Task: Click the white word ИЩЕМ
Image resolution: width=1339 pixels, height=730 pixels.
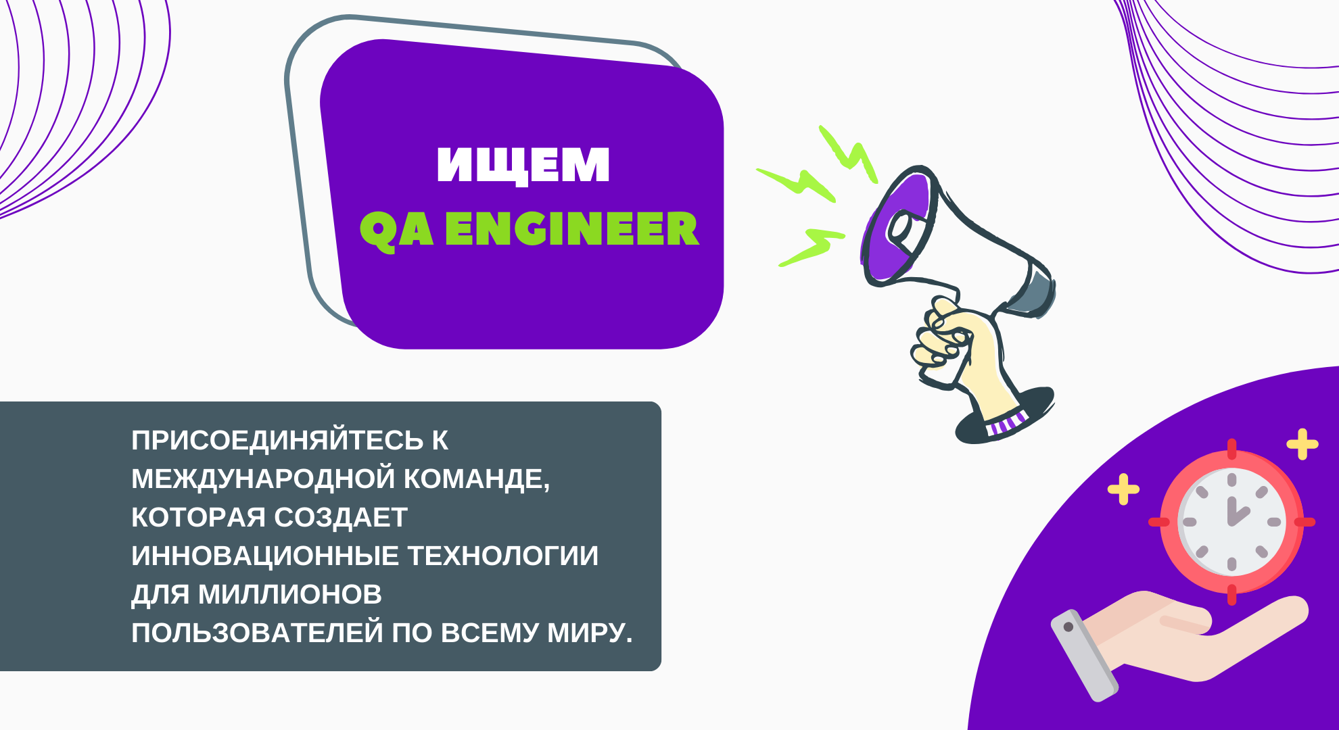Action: click(x=523, y=165)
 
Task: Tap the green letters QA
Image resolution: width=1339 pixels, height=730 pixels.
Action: click(x=396, y=230)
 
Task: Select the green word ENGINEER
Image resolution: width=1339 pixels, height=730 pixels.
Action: click(x=572, y=228)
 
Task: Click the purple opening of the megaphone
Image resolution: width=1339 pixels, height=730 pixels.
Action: click(x=896, y=226)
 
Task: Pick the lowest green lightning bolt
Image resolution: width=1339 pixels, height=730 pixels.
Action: click(x=812, y=247)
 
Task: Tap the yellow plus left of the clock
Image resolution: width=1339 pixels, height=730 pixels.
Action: click(x=1123, y=489)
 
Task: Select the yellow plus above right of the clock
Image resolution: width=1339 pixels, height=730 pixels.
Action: click(x=1302, y=445)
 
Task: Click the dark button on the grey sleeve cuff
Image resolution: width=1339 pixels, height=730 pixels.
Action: click(x=1068, y=627)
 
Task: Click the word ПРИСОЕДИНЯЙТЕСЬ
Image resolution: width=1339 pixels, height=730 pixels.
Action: click(x=278, y=440)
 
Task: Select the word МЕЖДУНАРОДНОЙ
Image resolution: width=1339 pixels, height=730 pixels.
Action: click(x=263, y=479)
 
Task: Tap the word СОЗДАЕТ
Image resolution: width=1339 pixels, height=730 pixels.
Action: click(x=341, y=518)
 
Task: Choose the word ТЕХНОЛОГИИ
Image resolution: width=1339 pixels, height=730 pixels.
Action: click(x=503, y=556)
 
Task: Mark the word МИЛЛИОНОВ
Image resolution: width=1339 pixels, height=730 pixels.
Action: click(x=290, y=595)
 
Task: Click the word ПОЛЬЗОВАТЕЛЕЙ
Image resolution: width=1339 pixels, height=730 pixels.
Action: click(x=258, y=633)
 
